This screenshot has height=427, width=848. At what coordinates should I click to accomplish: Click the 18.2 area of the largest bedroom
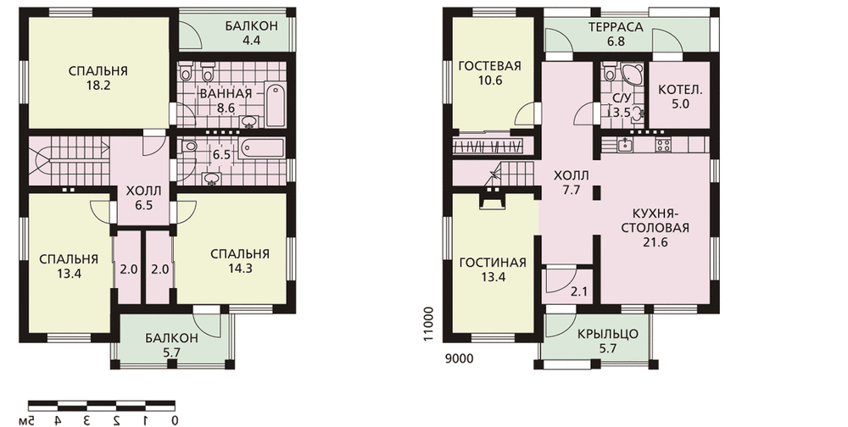(x=98, y=85)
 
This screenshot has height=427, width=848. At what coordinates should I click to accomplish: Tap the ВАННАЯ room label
(x=226, y=93)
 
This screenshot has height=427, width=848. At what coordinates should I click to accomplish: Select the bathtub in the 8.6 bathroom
(x=276, y=103)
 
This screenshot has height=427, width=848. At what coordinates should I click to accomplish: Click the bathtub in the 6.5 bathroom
(x=262, y=147)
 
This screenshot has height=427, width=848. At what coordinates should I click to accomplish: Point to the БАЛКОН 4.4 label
(x=252, y=32)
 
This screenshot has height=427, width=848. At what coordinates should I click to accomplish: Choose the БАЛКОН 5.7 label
(x=171, y=345)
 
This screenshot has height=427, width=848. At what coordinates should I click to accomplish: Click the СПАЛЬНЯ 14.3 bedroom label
(x=240, y=261)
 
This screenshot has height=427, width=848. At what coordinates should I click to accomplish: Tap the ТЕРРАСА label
(x=616, y=27)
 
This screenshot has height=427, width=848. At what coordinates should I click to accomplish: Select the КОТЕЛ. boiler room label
(x=680, y=91)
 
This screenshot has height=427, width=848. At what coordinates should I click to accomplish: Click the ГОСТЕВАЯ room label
(x=489, y=66)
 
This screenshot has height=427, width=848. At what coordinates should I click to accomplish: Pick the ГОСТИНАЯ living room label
(x=492, y=263)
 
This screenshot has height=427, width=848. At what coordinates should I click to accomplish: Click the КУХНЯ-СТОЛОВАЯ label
(x=655, y=219)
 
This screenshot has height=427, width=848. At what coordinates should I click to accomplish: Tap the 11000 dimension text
(x=429, y=324)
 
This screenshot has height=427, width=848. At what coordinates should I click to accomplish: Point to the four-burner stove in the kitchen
(x=664, y=145)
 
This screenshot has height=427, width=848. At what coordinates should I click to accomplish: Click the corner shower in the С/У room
(x=632, y=74)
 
